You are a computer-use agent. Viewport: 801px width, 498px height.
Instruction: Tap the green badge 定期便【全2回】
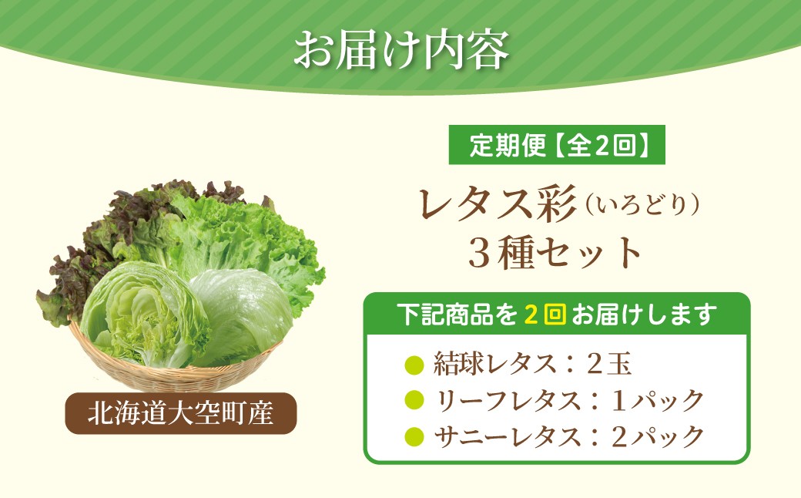click(557, 145)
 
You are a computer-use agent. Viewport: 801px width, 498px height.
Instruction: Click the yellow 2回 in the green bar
click(545, 314)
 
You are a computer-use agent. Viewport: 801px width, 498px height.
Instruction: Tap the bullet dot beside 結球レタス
click(414, 365)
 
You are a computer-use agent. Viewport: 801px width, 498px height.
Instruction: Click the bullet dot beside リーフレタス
click(414, 400)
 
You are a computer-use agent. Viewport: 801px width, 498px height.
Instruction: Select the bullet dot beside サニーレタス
click(414, 436)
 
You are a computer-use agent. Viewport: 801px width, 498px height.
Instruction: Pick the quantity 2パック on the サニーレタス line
click(658, 436)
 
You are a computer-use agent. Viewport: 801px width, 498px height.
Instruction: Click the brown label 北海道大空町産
click(181, 413)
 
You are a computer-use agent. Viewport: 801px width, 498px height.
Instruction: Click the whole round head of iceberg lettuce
click(241, 315)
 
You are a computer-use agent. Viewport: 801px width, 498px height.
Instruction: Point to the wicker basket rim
click(174, 369)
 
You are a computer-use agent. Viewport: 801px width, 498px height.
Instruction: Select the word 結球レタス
click(494, 365)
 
